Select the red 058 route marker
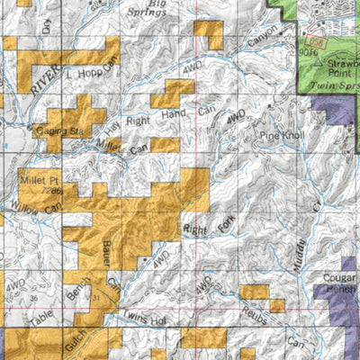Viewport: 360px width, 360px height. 313,43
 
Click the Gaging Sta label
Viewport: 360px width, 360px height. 58,131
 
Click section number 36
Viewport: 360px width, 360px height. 32,298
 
